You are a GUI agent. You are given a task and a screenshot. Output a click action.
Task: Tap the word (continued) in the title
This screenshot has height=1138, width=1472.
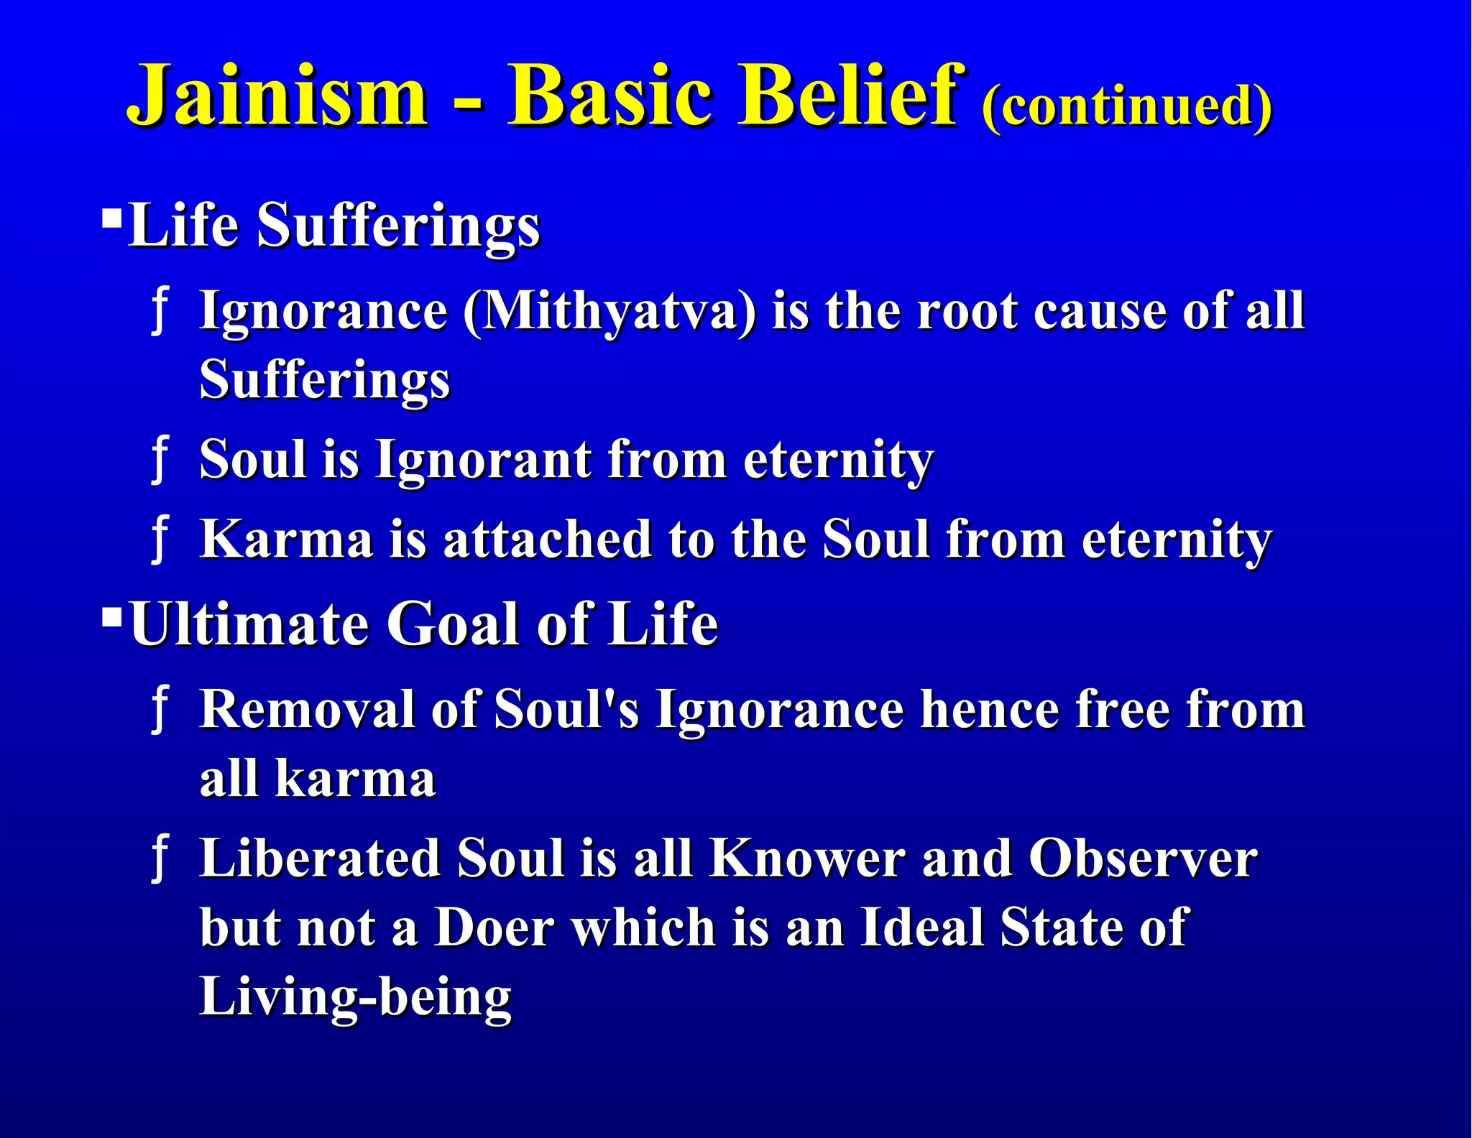[x=1126, y=106]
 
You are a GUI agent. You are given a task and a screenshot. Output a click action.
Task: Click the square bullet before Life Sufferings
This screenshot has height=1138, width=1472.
[x=112, y=217]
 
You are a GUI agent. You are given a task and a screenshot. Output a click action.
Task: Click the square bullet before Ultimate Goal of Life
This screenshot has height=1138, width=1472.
[x=112, y=616]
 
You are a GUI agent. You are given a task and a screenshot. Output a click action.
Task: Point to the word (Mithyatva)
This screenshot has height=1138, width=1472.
[x=609, y=312]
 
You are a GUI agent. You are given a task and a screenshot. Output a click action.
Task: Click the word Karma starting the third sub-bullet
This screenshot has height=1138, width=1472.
[x=285, y=539]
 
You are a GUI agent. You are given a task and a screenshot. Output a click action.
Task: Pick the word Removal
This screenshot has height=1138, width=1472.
[x=307, y=710]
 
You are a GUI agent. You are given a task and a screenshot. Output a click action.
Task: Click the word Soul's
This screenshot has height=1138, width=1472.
[x=566, y=710]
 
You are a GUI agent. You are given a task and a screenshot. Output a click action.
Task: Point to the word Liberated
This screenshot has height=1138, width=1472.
[x=320, y=859]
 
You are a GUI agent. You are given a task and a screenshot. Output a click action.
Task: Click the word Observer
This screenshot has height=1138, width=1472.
[x=1143, y=859]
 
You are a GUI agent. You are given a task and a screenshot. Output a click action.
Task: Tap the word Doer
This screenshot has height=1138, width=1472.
[x=494, y=927]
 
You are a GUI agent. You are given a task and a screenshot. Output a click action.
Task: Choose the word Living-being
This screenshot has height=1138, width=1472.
[x=355, y=997]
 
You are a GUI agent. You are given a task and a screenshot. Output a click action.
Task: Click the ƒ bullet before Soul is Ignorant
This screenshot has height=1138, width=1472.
[x=160, y=460]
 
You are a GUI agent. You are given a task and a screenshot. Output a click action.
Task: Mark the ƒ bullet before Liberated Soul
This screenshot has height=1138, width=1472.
[x=160, y=859]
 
